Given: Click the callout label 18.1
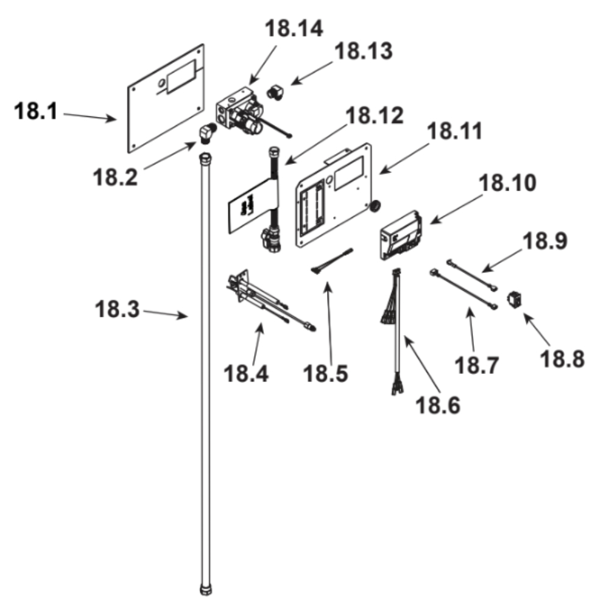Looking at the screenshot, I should click(x=35, y=113).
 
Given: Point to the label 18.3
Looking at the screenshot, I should click(x=117, y=309).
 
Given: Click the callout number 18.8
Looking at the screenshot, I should click(x=561, y=359).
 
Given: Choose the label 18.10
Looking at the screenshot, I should click(x=508, y=183).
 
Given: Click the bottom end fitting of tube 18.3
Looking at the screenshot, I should click(x=206, y=590).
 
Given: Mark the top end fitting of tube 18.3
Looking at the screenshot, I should click(x=206, y=160).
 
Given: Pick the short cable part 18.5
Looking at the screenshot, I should click(x=333, y=261).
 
